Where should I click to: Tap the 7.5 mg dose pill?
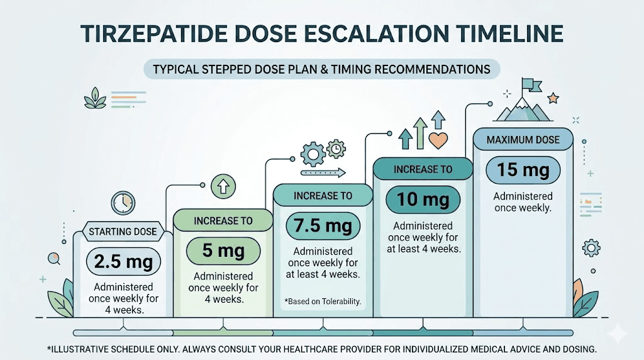click(323, 225)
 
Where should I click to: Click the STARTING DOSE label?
click(123, 232)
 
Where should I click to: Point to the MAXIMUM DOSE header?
click(523, 139)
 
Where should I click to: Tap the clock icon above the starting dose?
click(123, 203)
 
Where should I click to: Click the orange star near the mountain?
click(553, 98)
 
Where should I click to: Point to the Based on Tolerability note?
click(323, 301)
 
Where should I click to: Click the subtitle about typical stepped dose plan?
click(321, 69)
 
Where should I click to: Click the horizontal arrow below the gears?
click(323, 171)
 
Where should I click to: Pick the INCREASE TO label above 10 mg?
click(423, 169)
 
